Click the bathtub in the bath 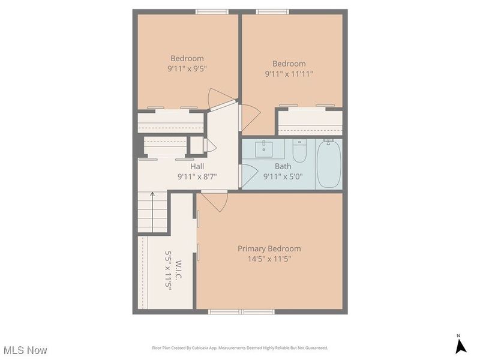point(329,164)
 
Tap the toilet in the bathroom point(299,151)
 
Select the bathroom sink point(264,149)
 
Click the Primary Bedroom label point(269,248)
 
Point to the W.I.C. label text point(179,270)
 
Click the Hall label point(197,167)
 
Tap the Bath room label point(283,167)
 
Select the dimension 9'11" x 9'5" point(187,68)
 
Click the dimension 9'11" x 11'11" point(289,74)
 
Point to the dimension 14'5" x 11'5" point(269,259)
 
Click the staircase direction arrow point(152,212)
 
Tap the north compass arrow point(460,346)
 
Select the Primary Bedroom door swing point(215,202)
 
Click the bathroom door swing point(248,176)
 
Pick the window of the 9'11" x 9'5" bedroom point(212,12)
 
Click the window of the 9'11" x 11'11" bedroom point(272,12)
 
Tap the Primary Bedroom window point(242,311)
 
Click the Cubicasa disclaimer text point(240,348)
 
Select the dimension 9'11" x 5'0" point(283,176)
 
